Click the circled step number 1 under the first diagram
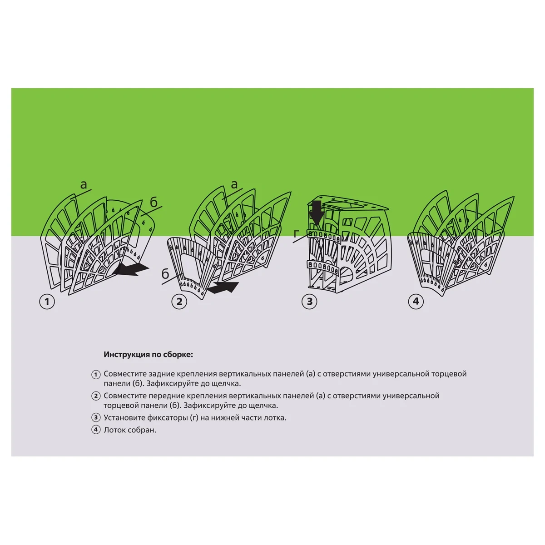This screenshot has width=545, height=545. coord(47,302)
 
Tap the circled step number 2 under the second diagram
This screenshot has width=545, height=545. coord(179,302)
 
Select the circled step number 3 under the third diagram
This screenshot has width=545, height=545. coord(309,302)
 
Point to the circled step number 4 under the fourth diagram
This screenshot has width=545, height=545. coord(416,301)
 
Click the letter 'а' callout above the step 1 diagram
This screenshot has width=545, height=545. coord(84,184)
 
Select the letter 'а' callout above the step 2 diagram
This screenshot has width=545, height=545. coord(234,184)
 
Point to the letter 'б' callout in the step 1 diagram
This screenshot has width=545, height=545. coord(154,202)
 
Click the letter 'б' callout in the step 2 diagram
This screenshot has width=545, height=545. coord(165,273)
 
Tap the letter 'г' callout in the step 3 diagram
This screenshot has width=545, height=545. coord(296,234)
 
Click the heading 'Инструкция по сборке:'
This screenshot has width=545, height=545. coord(148,355)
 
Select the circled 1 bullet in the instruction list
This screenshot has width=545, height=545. coord(96,375)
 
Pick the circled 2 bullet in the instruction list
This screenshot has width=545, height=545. coord(96,396)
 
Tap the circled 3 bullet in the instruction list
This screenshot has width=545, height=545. coord(96,417)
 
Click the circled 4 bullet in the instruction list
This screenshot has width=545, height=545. coord(96,430)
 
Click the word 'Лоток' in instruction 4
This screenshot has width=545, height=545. coord(115,430)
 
